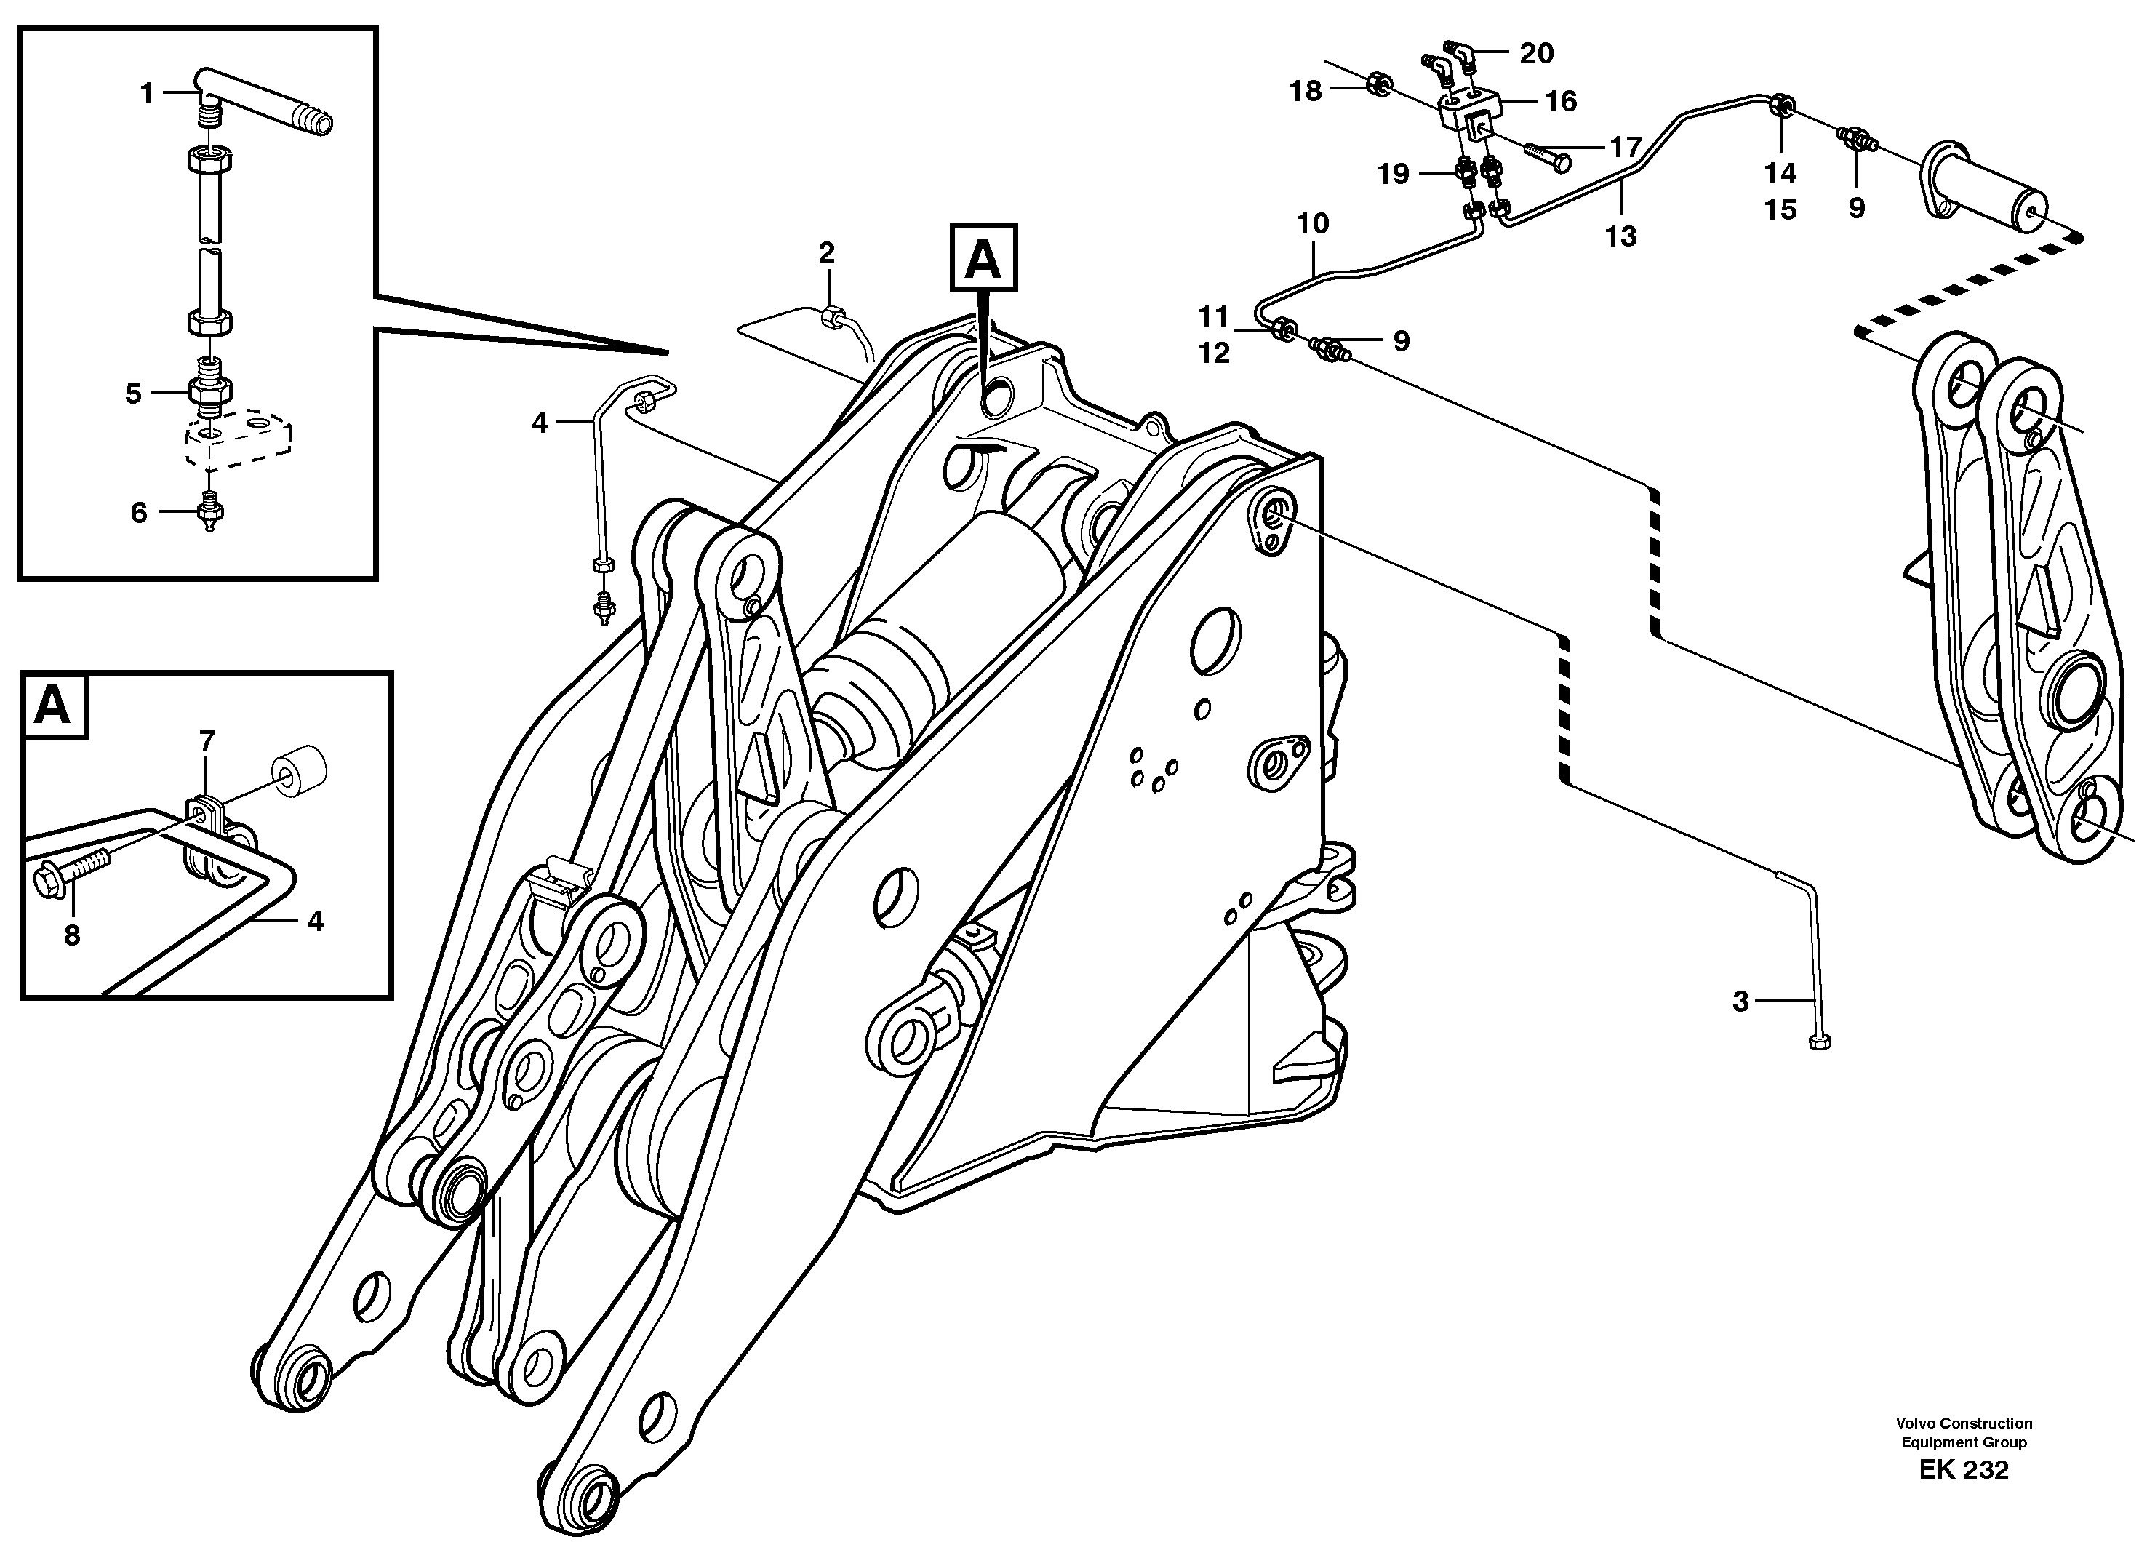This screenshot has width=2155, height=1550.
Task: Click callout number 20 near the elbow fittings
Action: [1537, 53]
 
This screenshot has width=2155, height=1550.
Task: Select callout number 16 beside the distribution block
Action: [1561, 100]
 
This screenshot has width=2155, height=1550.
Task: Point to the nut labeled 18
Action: [1377, 87]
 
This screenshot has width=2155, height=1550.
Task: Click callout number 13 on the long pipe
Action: [1621, 236]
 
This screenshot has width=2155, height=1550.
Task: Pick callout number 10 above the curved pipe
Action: [1312, 223]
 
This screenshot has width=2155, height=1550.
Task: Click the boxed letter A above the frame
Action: [983, 258]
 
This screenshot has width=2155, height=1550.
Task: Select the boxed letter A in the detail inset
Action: [53, 706]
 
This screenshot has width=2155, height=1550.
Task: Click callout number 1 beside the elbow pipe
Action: [146, 93]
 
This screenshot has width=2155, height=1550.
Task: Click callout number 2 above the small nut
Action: [827, 253]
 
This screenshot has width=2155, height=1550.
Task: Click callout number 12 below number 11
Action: [1213, 353]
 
